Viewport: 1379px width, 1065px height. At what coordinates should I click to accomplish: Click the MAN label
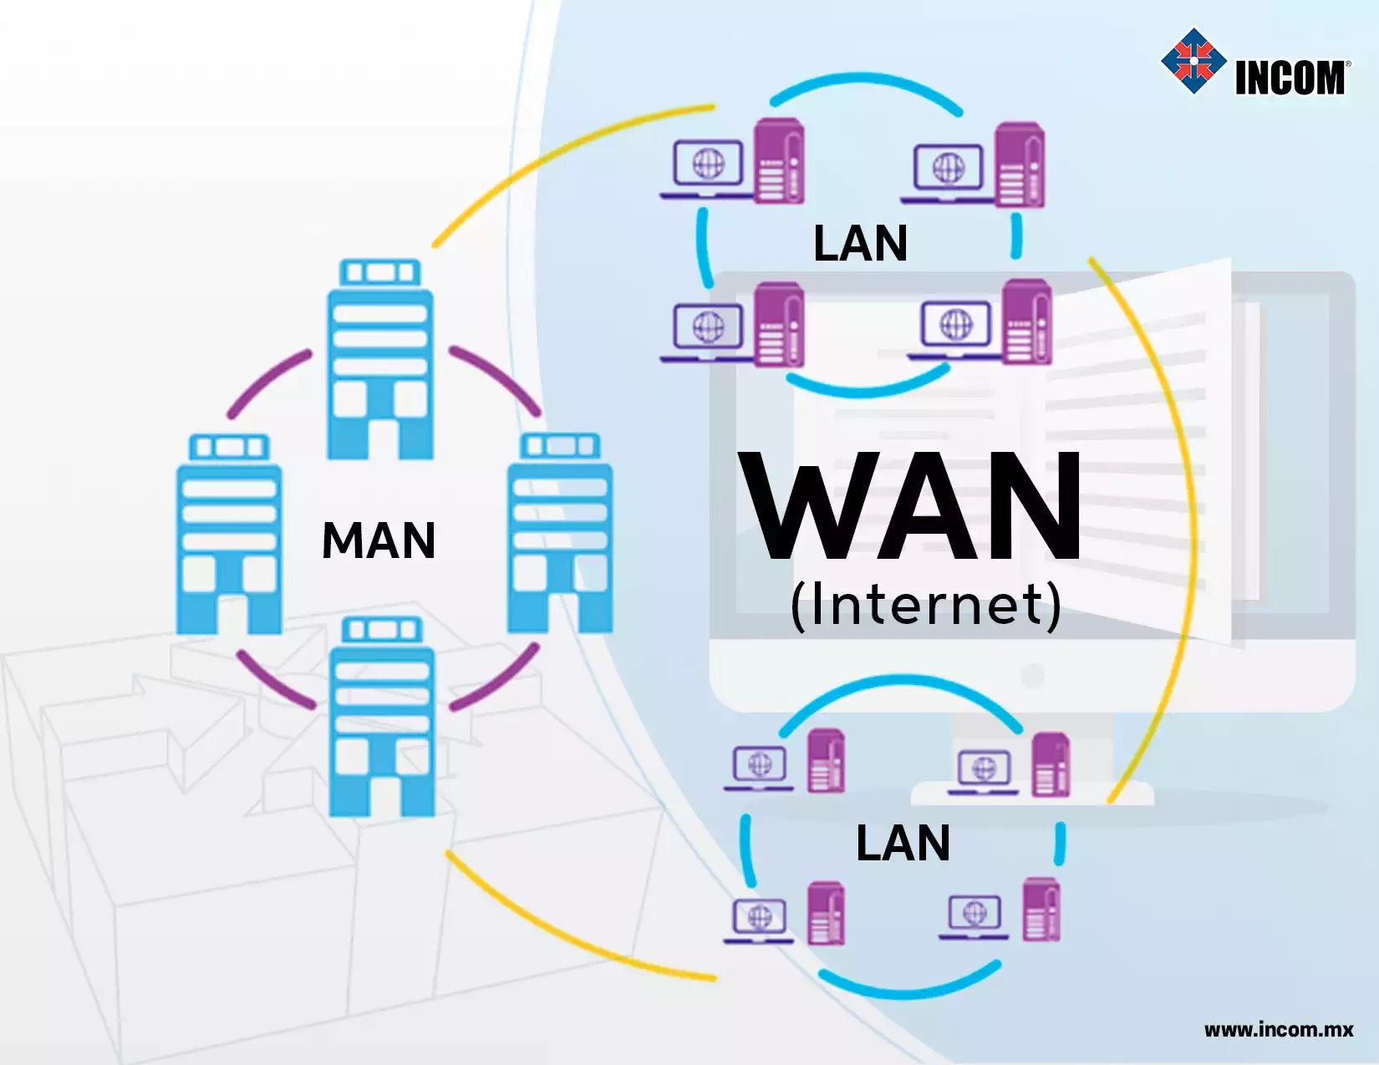tap(379, 540)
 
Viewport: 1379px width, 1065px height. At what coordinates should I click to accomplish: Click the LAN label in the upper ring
tap(860, 244)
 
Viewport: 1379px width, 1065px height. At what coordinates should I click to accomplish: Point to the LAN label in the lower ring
tap(903, 843)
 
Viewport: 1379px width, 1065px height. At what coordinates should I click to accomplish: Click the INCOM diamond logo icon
tap(1193, 60)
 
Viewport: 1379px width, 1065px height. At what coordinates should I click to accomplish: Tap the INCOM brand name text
tap(1290, 78)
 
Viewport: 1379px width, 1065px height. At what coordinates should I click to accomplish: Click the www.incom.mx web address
tap(1278, 1029)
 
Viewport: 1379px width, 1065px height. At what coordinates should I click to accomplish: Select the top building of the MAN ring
tap(380, 359)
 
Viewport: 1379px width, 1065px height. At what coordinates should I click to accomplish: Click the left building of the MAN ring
tap(229, 535)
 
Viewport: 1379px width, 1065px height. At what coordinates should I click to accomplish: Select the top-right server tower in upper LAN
tap(1020, 165)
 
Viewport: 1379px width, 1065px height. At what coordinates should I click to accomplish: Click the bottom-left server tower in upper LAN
tap(779, 325)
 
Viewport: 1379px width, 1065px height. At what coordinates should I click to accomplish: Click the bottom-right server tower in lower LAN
tap(1041, 910)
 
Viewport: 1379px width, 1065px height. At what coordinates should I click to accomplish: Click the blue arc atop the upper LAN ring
tap(866, 85)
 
